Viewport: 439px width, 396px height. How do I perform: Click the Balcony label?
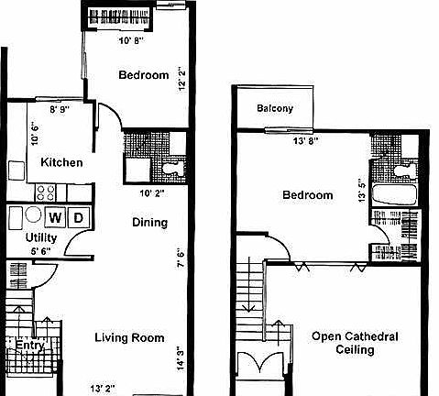[x=275, y=108]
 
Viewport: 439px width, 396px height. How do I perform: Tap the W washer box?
[x=57, y=218]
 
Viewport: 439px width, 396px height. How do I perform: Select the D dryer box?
[x=79, y=218]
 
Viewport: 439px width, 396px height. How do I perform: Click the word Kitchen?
[x=61, y=163]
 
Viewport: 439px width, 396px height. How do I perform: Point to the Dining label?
[x=149, y=223]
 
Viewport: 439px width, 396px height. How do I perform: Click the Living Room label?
[x=130, y=338]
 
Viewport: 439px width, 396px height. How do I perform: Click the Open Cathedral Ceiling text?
[x=354, y=343]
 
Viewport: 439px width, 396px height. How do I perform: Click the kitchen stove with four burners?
[x=46, y=192]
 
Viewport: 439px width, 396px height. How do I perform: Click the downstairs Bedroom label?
[x=143, y=75]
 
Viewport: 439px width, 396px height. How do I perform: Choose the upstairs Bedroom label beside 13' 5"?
[x=307, y=195]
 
